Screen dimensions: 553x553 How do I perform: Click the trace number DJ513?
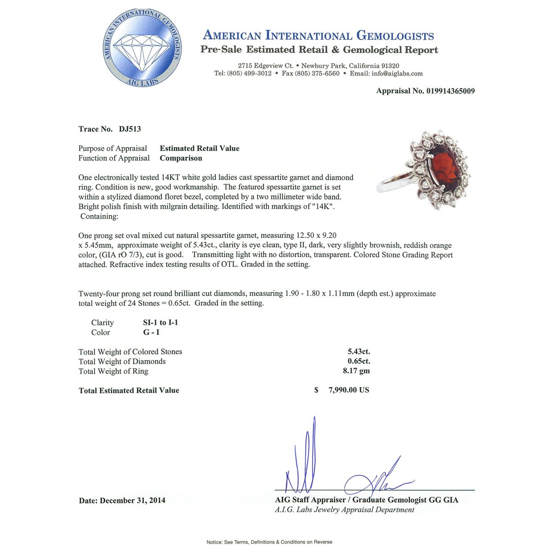(130, 129)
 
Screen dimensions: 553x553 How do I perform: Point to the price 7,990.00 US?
(348, 390)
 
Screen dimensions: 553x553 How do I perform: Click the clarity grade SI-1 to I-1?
(160, 323)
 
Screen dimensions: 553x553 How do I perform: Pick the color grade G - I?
(151, 332)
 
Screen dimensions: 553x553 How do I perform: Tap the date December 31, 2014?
(133, 500)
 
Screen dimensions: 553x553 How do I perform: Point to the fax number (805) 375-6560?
(317, 74)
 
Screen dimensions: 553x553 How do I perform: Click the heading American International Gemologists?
(318, 35)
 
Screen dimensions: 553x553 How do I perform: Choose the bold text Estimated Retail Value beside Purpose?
(200, 148)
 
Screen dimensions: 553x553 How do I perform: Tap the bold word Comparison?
(181, 158)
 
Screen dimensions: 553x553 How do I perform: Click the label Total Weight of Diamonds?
(122, 361)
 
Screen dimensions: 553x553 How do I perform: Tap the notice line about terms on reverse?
(269, 542)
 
